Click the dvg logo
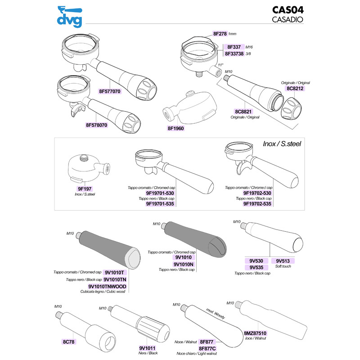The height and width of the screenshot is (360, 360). click(x=71, y=15)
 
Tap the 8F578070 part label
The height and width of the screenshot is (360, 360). click(x=97, y=125)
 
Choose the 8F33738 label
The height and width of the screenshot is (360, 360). click(x=234, y=54)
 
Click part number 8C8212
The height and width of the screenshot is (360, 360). click(x=296, y=89)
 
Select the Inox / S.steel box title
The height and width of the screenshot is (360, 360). click(x=282, y=144)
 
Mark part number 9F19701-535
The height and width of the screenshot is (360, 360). click(x=161, y=203)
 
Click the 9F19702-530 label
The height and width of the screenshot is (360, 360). click(x=257, y=193)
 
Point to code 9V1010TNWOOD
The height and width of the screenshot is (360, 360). click(x=107, y=287)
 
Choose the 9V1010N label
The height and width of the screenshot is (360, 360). click(x=183, y=264)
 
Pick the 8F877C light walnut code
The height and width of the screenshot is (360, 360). click(x=208, y=348)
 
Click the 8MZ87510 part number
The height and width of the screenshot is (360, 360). click(x=255, y=333)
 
